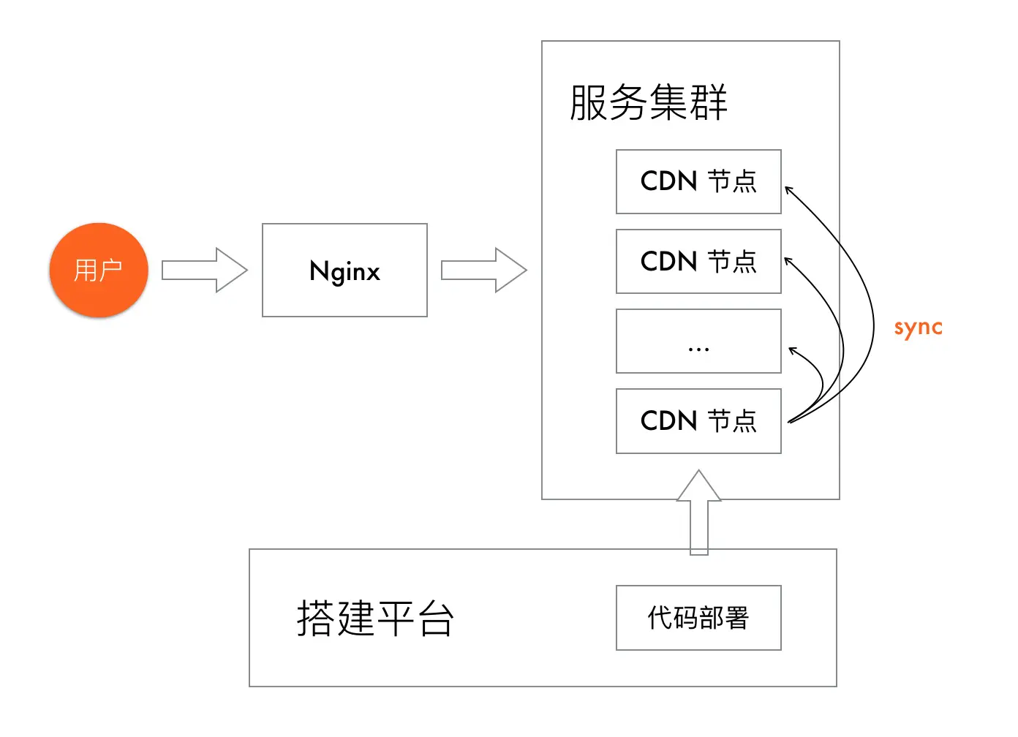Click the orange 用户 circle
(99, 270)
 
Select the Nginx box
(344, 270)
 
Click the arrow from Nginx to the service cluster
(483, 270)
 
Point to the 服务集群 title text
(648, 102)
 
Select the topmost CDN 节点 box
(698, 181)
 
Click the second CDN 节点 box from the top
(698, 261)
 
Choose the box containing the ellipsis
(698, 341)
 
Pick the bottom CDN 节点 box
(698, 420)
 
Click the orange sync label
(918, 328)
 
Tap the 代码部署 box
(698, 617)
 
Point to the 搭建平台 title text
(375, 618)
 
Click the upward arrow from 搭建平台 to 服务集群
(699, 512)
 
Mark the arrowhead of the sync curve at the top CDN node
(788, 189)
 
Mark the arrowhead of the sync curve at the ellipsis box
(792, 350)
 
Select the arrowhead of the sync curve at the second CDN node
(788, 260)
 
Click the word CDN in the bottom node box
(668, 421)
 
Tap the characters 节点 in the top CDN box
(732, 181)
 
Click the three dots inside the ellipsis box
(698, 349)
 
